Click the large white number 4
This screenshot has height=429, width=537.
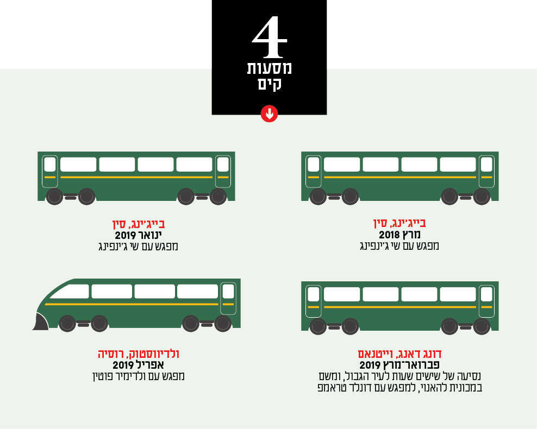(x=269, y=37)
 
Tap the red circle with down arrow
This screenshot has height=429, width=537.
(x=269, y=113)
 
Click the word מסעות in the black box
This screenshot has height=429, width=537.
(x=269, y=68)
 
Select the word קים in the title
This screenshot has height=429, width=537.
(x=270, y=84)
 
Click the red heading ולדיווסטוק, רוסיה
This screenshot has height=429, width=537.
(x=139, y=354)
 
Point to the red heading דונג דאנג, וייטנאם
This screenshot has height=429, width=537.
(x=399, y=354)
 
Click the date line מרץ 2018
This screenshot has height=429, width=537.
(x=399, y=235)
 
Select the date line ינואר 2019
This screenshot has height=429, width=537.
(x=139, y=235)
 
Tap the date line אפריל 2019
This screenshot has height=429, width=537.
(x=139, y=365)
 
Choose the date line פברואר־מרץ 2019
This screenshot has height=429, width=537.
(x=399, y=365)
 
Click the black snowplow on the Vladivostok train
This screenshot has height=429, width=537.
(x=41, y=322)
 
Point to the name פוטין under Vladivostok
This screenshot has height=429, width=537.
(x=103, y=376)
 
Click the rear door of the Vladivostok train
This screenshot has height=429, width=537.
(x=228, y=298)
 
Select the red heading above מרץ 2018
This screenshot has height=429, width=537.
(x=399, y=223)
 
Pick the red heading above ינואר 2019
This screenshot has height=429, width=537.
(x=139, y=224)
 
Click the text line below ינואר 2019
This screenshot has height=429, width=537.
(x=139, y=247)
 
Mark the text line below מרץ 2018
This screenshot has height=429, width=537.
(x=399, y=246)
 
